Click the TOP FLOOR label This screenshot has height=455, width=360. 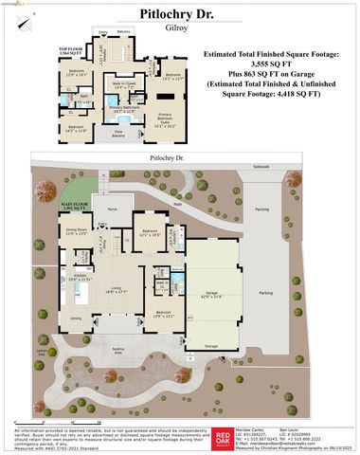click(x=72, y=47)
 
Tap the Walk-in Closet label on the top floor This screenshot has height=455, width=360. click(x=123, y=86)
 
